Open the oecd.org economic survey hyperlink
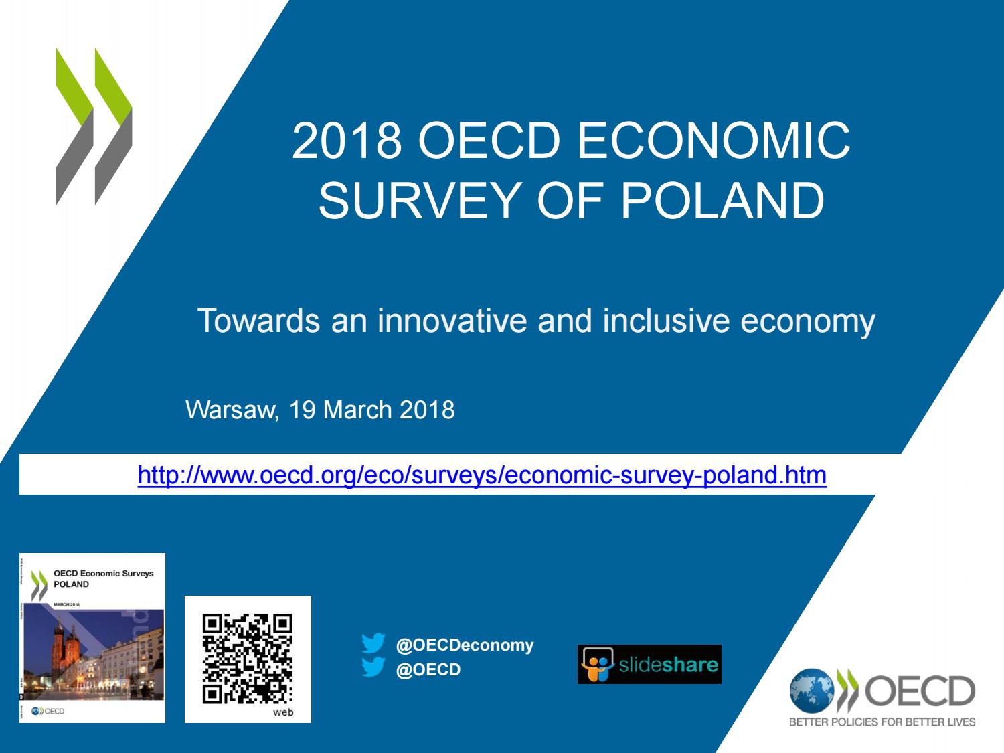[482, 475]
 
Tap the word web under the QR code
[283, 712]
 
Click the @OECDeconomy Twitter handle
[465, 645]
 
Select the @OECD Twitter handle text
[428, 669]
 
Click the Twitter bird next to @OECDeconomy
[373, 644]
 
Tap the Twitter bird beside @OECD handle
[373, 668]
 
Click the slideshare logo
[649, 664]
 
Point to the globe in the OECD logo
[811, 691]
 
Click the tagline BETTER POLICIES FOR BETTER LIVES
[882, 722]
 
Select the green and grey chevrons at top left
[94, 126]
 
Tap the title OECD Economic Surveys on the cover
[103, 573]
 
